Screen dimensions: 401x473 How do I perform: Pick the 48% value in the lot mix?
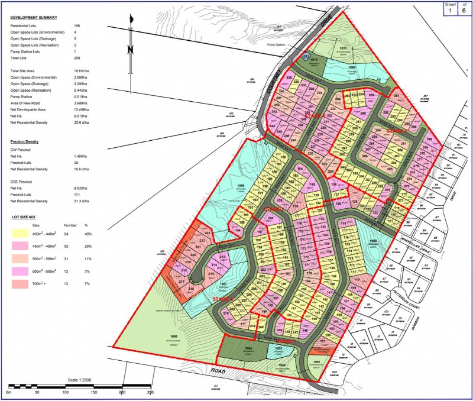click(87, 233)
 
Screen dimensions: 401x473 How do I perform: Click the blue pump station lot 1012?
click(305, 56)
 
